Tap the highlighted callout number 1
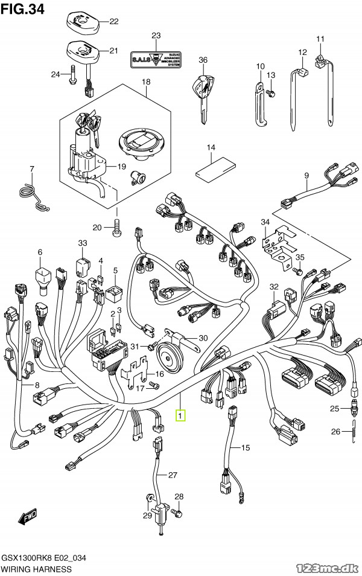pos(180,415)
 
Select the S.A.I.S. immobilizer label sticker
pos(156,59)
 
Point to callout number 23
pos(156,36)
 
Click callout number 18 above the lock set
pos(146,82)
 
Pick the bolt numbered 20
pos(117,228)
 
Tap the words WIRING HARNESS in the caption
pos(36,569)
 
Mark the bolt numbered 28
pos(177,512)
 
